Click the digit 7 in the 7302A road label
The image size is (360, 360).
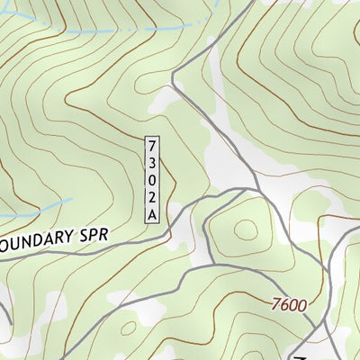point(152,146)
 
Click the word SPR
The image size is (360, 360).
point(94,237)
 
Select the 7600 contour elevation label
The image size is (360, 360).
point(288,304)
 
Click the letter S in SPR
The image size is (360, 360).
point(83,237)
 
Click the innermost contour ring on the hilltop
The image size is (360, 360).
point(245,229)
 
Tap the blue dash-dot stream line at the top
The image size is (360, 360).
point(99,31)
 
